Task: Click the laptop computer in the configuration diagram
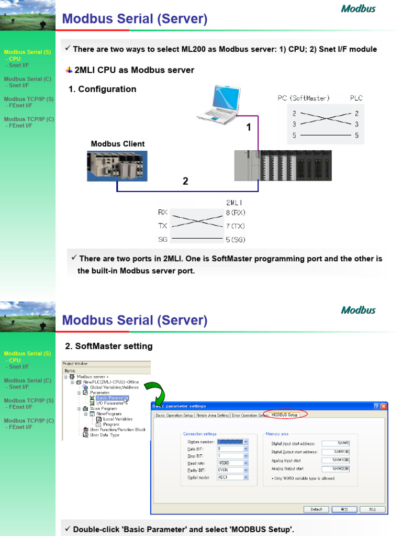point(219,105)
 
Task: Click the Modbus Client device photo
point(117,166)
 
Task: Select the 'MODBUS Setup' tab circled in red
point(284,415)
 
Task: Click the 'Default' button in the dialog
point(316,509)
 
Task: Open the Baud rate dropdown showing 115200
point(232,463)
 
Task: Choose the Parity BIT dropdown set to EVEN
point(232,470)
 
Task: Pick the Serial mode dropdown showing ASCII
point(232,477)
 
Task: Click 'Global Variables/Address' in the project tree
point(114,387)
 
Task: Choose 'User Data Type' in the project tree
point(104,435)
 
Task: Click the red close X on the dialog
point(384,406)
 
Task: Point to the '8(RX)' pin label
point(236,213)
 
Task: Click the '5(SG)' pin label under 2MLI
point(236,240)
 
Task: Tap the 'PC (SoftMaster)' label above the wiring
point(304,98)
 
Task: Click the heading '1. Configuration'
point(103,89)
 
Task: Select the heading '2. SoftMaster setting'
point(109,346)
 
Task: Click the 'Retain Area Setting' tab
point(213,415)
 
